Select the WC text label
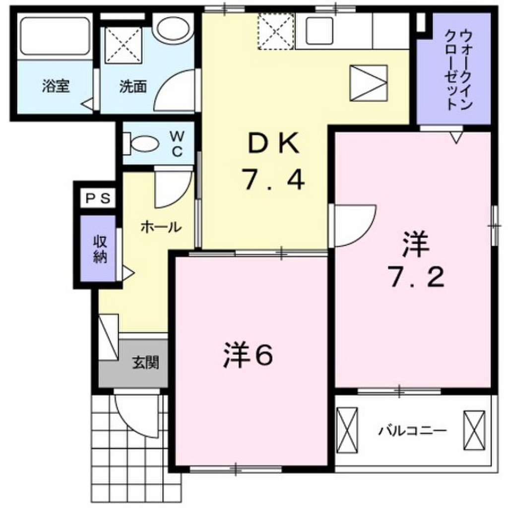tap(177, 143)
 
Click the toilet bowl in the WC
tap(144, 144)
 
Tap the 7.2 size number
tap(416, 279)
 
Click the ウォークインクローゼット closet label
tap(457, 69)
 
